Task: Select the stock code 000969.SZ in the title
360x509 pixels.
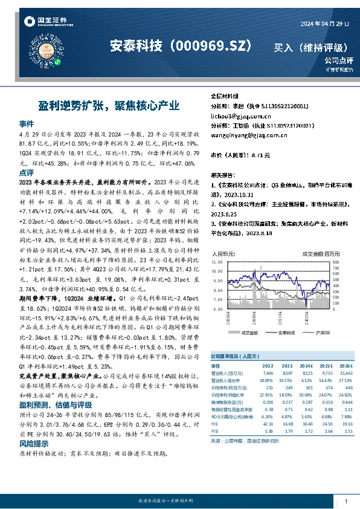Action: click(x=214, y=45)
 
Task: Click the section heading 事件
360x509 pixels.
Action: click(x=27, y=122)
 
